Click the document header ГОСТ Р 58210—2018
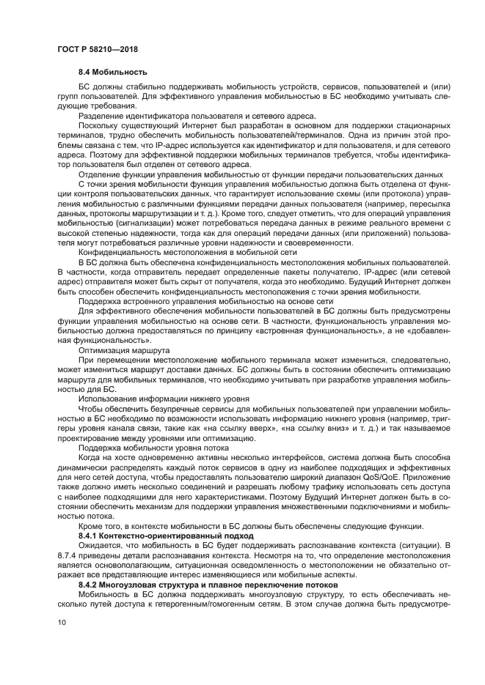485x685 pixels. coord(97,49)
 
